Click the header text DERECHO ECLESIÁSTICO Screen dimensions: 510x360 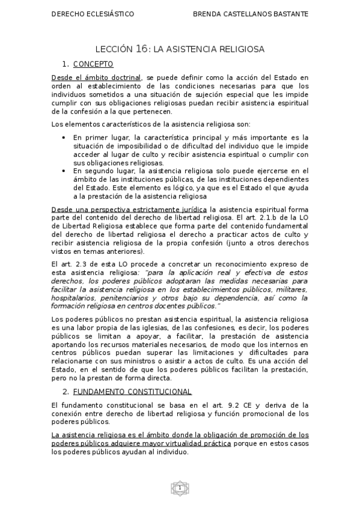93,13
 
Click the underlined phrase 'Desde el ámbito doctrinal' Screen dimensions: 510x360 96,78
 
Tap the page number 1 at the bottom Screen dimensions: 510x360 179,488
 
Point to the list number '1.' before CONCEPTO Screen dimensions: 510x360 66,64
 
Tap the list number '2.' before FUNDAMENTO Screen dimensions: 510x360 66,392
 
